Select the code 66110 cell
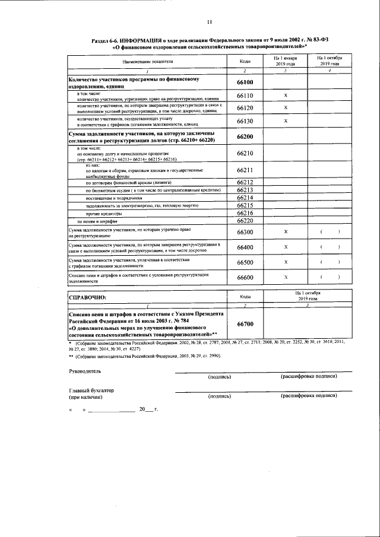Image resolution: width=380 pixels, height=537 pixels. pos(245,95)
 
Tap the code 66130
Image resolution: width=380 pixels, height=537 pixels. pos(245,120)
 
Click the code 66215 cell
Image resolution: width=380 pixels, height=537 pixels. pos(245,205)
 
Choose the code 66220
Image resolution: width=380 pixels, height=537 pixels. pos(245,221)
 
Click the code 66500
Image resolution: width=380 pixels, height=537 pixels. pos(245,262)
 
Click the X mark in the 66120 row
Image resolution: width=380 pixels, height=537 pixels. pos(286,107)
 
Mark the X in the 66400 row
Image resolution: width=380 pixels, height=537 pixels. pos(286,247)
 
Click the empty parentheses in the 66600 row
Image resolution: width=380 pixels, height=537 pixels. pos(330,277)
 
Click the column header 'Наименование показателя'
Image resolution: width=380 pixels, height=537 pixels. pos(148,61)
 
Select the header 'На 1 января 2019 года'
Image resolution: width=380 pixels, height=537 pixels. pos(286,61)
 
